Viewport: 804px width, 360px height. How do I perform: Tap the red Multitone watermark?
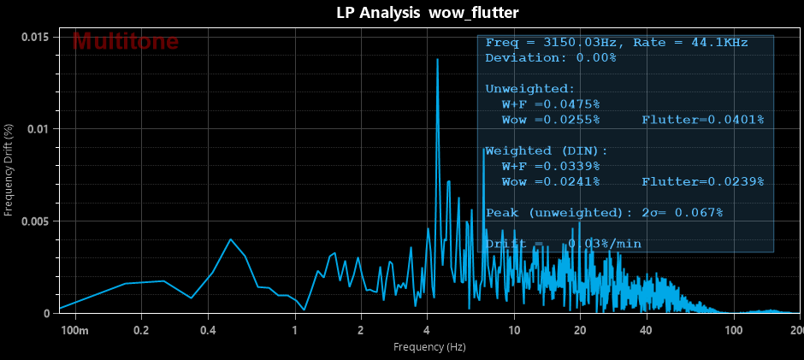[x=126, y=41]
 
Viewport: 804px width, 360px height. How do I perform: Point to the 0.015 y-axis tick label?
[x=35, y=37]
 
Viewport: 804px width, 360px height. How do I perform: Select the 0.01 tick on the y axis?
[x=39, y=129]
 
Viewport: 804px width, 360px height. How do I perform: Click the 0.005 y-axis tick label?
[x=35, y=221]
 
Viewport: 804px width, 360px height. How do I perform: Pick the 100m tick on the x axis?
[x=75, y=330]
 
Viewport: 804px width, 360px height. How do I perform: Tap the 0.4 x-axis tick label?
[x=207, y=330]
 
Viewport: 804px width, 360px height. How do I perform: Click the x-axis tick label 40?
[x=646, y=330]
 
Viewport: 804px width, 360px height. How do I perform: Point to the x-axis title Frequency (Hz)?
[x=429, y=347]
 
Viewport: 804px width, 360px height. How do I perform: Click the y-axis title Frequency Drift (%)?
[x=9, y=169]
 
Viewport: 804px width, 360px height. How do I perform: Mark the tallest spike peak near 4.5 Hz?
[x=438, y=60]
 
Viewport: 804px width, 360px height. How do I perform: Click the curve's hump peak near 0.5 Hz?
[x=230, y=239]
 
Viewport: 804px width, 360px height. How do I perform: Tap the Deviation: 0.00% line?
[x=550, y=58]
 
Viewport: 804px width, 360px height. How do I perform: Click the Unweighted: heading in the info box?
[x=530, y=89]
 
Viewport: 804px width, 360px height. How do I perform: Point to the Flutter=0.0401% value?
[x=702, y=120]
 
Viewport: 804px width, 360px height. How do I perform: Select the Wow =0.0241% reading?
[x=551, y=181]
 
